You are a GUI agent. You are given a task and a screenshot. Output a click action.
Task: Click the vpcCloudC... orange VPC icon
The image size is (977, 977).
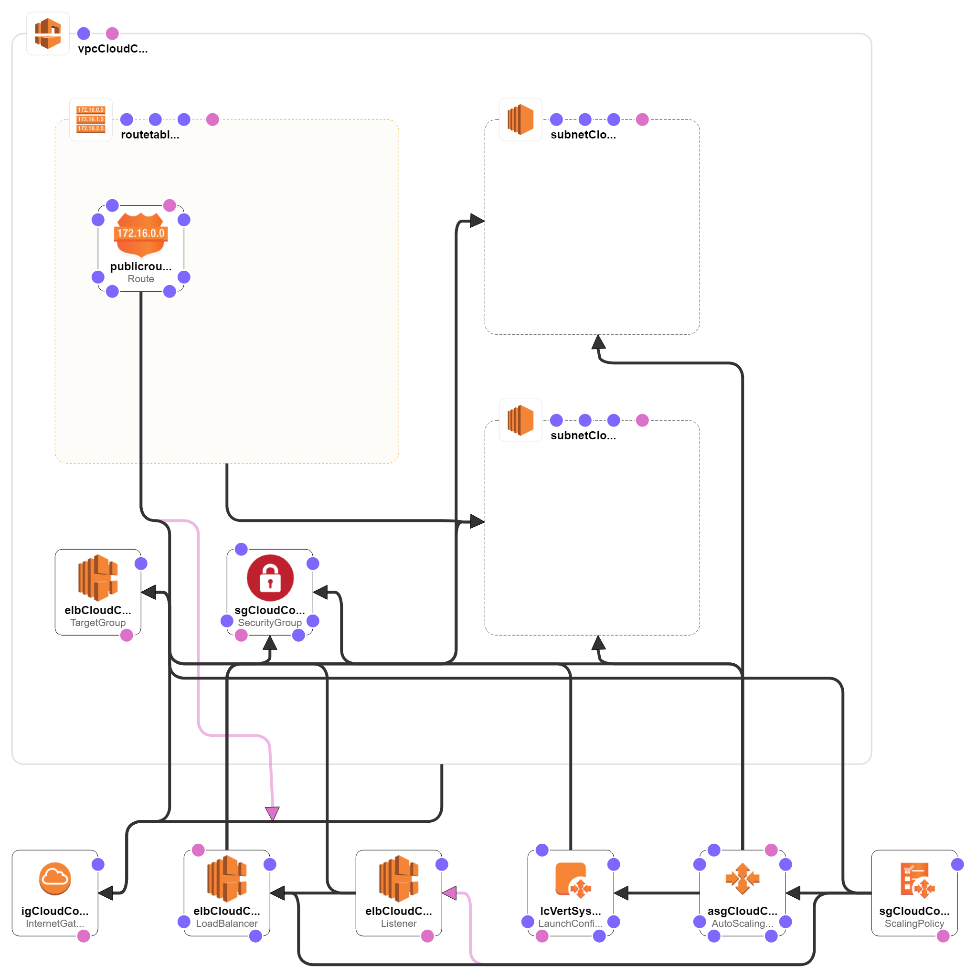point(48,33)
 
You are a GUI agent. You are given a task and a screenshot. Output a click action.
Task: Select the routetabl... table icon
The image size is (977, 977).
point(91,119)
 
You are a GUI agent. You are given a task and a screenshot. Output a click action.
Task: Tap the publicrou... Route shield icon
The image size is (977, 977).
point(140,234)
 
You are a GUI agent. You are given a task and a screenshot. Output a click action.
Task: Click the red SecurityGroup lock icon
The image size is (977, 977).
point(270,578)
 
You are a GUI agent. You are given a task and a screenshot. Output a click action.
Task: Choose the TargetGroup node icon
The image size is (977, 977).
point(97,577)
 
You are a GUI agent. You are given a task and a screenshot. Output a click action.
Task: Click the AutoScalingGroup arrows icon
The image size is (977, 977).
point(743,879)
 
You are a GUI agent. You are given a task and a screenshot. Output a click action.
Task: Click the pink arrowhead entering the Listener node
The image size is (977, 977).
point(449,893)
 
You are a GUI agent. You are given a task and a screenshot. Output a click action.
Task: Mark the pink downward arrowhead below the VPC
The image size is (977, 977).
point(273,813)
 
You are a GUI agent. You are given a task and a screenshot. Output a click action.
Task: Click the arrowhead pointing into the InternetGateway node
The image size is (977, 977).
point(106,893)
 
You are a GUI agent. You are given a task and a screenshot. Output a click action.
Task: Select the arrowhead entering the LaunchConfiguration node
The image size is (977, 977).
point(622,893)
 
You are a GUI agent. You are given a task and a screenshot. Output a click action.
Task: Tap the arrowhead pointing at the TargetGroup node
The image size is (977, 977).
point(149,592)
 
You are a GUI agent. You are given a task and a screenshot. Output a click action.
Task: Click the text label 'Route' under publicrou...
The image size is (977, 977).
point(140,279)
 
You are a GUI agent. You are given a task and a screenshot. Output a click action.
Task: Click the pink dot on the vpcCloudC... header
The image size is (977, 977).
point(112,33)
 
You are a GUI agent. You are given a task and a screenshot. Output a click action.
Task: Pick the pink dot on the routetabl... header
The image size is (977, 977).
point(212,119)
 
